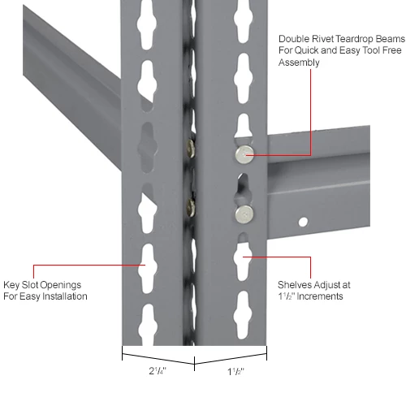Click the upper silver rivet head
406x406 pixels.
pos(242,153)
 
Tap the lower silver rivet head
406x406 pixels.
pos(242,214)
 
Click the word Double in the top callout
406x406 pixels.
pos(294,38)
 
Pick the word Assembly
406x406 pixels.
pos(298,63)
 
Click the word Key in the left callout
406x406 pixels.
pos(11,285)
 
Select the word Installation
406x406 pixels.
pos(61,296)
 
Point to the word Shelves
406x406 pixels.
pos(295,285)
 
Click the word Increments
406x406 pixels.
pos(322,296)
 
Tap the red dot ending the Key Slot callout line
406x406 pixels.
pos(145,266)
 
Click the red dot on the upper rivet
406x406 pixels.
pos(246,153)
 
